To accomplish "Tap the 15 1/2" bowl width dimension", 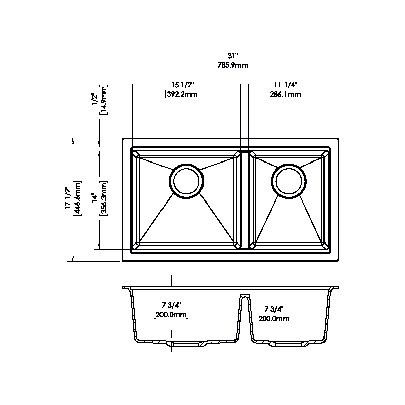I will pyautogui.click(x=181, y=85).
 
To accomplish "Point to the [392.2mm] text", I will pyautogui.click(x=181, y=94).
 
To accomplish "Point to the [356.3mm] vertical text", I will pyautogui.click(x=103, y=198).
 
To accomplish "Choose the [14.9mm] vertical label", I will pyautogui.click(x=103, y=100).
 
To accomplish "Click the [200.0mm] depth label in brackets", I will pyautogui.click(x=171, y=315).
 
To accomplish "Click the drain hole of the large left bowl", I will pyautogui.click(x=186, y=180).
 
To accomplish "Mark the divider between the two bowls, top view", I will pyautogui.click(x=245, y=199).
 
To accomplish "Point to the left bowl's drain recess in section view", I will pyautogui.click(x=186, y=344).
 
